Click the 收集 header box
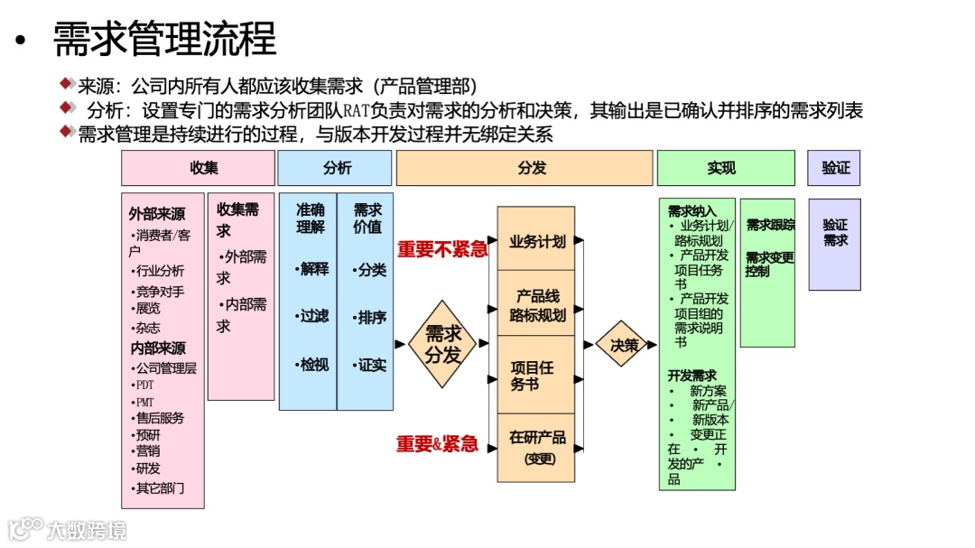(198, 168)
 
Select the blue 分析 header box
(335, 168)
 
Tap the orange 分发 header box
(525, 168)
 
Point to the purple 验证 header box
(834, 168)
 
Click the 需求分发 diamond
(442, 344)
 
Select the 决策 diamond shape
(624, 344)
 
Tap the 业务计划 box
(536, 241)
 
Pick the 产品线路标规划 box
(536, 305)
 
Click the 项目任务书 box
(536, 375)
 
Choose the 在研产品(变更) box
(536, 447)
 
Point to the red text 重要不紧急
(442, 249)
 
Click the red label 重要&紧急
(437, 443)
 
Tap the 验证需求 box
(834, 233)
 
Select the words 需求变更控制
(769, 264)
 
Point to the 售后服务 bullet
(159, 418)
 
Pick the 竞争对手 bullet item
(159, 292)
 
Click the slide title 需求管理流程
(164, 39)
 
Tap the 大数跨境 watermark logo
(68, 528)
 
